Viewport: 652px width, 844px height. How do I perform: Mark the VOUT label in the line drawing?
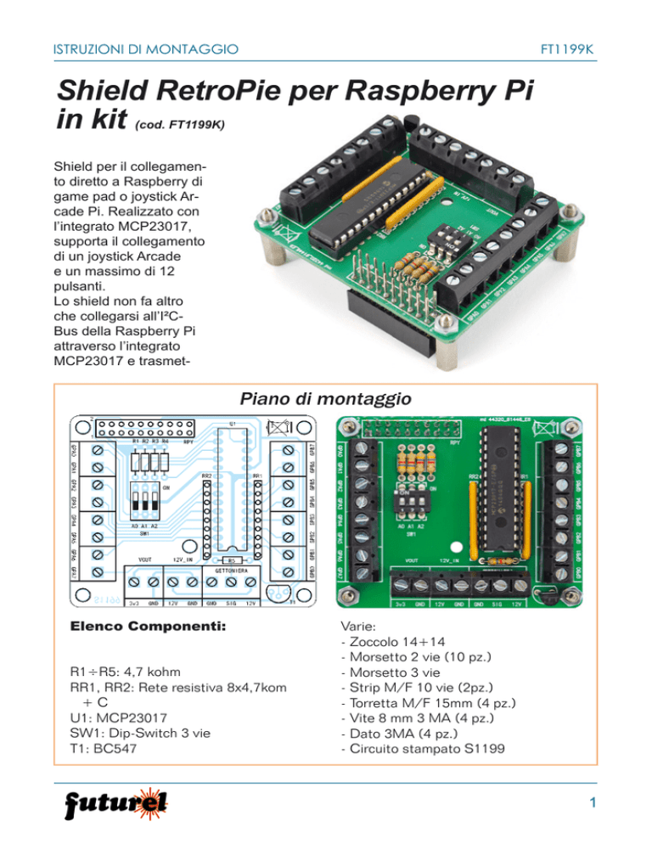pyautogui.click(x=145, y=560)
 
